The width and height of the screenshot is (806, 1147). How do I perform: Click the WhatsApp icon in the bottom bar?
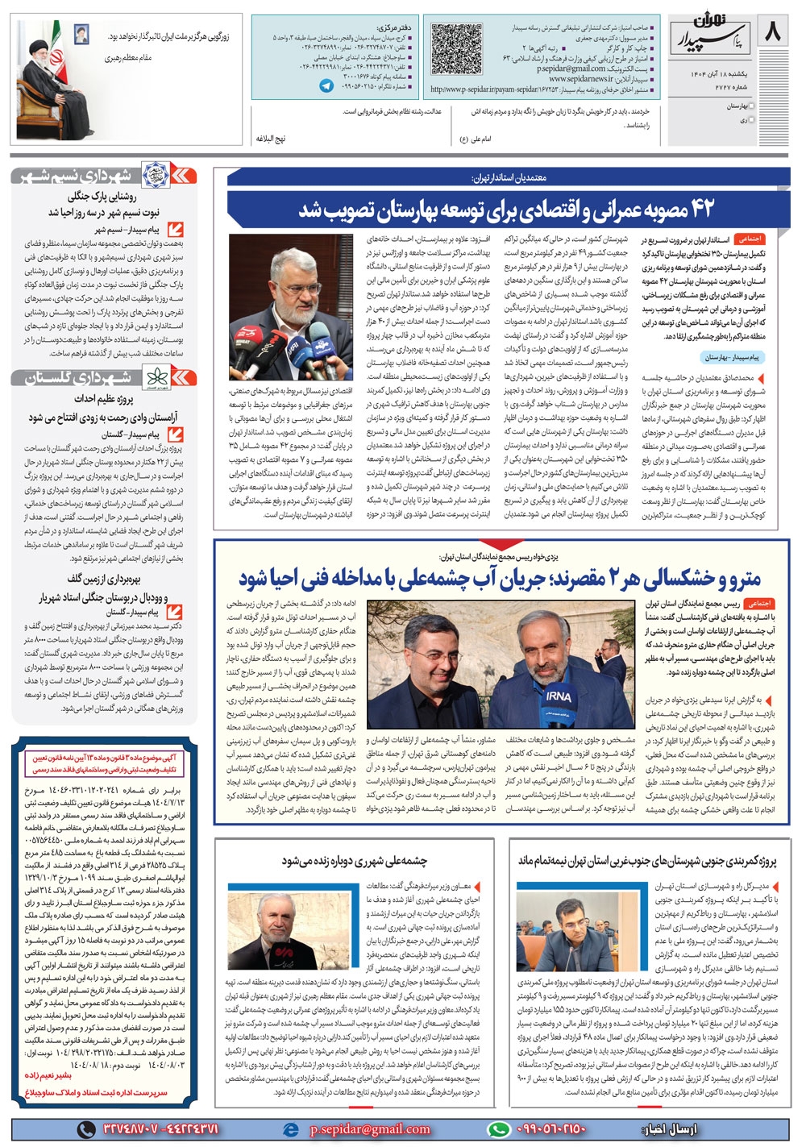tap(500, 1130)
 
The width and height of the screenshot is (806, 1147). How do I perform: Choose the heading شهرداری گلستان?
tap(89, 377)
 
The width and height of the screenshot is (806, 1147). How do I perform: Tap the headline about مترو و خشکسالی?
tap(500, 579)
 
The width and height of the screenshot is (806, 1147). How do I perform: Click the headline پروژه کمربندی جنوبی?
tap(647, 861)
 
